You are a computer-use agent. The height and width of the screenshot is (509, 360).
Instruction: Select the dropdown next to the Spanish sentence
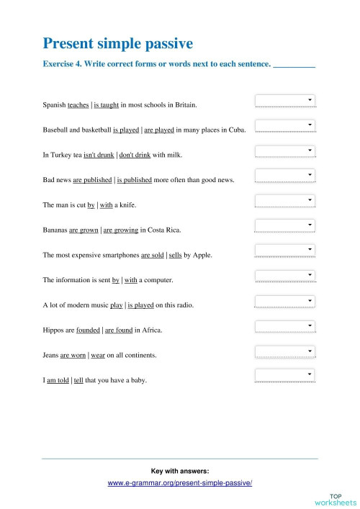(x=286, y=101)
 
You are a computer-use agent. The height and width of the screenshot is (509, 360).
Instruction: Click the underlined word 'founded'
(x=89, y=330)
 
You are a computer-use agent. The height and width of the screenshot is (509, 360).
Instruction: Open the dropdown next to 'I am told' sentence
(x=286, y=375)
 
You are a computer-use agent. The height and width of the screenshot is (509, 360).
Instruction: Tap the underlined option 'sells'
(x=176, y=255)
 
